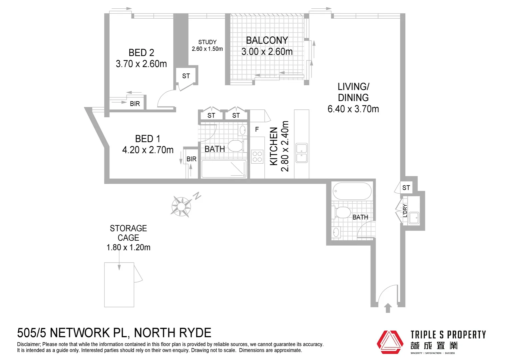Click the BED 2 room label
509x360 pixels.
[141, 53]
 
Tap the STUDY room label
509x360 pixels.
[207, 42]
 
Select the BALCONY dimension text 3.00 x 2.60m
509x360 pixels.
[267, 52]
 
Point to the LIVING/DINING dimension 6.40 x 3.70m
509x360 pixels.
[353, 109]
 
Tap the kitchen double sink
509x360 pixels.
[302, 153]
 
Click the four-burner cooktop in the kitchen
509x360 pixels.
[257, 157]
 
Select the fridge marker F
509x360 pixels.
[257, 129]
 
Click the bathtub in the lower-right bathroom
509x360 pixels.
[352, 191]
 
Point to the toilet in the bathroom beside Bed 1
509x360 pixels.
[236, 146]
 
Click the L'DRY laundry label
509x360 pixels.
[405, 210]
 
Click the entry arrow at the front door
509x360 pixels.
[387, 308]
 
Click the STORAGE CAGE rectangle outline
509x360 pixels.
[119, 285]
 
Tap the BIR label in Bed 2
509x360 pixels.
[135, 104]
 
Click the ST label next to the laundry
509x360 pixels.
[406, 188]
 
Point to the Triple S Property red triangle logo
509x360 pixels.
[390, 342]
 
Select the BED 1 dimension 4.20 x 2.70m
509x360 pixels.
[148, 150]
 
